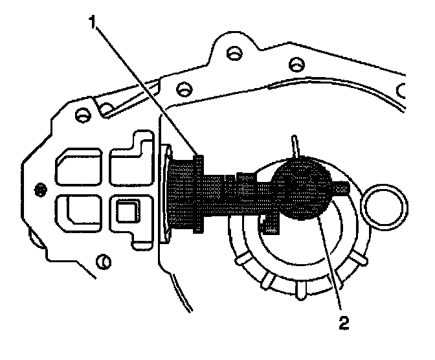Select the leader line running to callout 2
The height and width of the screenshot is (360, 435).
click(x=331, y=265)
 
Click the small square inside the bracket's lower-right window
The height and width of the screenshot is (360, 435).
click(x=126, y=209)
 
